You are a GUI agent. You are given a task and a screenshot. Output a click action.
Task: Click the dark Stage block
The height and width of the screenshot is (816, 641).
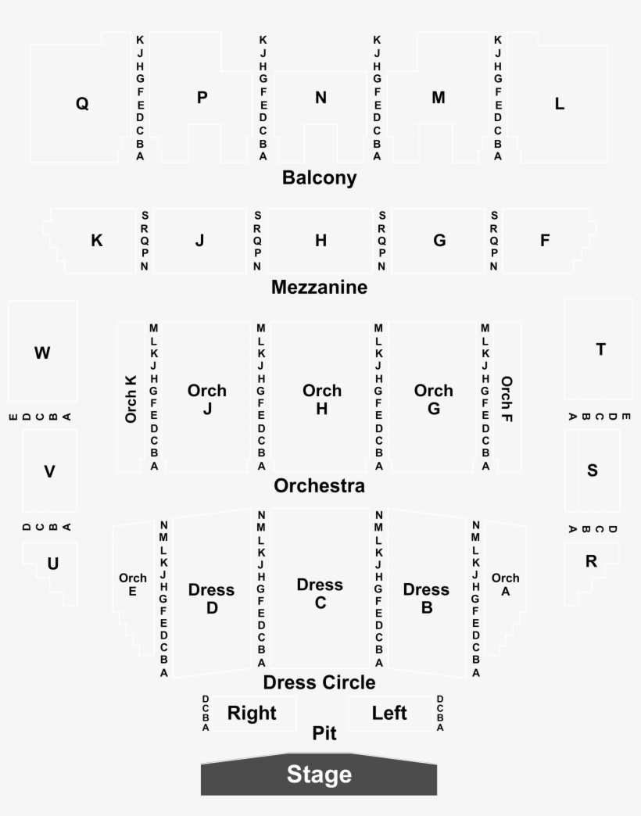coord(319,775)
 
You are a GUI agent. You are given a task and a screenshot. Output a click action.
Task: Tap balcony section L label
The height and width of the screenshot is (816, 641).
coord(560,103)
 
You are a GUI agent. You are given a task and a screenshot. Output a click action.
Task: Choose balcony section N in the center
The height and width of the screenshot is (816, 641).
coord(320,117)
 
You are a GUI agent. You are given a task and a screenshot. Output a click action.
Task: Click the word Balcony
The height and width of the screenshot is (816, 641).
coord(320,177)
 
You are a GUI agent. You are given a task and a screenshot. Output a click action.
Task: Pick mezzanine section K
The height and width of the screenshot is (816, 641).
coord(94,241)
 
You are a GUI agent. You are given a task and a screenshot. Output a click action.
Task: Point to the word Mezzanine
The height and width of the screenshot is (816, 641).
coord(320,287)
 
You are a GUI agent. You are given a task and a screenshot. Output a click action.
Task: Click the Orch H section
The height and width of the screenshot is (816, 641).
coord(320,396)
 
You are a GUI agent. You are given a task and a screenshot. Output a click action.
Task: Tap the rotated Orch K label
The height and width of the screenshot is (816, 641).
coord(131,399)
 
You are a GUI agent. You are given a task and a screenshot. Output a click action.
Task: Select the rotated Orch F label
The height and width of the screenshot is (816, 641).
coord(507,399)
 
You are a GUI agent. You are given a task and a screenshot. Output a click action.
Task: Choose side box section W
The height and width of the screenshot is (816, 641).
coord(43,351)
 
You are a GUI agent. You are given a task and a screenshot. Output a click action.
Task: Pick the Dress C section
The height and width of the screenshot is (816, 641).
coord(320,588)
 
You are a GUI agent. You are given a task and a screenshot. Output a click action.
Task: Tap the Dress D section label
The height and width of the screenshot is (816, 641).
coord(211,599)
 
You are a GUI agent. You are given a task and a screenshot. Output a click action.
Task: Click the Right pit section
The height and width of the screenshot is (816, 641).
coord(254,714)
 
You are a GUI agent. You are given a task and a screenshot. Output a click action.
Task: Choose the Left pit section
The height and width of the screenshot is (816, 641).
coord(390,714)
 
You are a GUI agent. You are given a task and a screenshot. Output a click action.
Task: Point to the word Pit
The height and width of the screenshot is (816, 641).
coord(324,733)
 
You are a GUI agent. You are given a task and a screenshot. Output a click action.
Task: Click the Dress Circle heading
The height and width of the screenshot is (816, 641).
coord(319,682)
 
